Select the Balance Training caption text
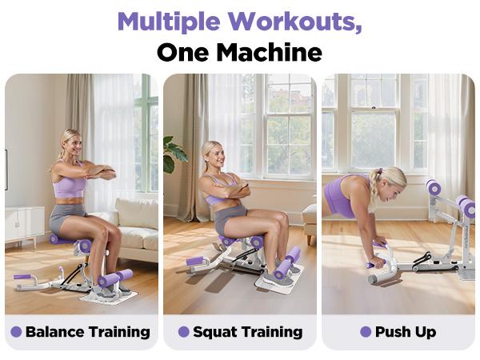87,332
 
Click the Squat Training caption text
247,332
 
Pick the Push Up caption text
405,332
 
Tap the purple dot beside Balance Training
16,332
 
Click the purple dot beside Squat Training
184,332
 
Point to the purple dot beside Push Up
366,332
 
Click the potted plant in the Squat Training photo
174,151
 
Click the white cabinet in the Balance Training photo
25,226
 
